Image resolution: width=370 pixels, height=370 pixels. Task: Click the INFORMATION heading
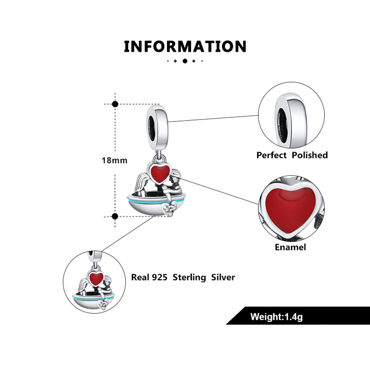pyautogui.click(x=185, y=47)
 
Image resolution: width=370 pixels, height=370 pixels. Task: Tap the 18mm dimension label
pyautogui.click(x=115, y=161)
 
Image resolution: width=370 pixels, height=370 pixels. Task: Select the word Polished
pyautogui.click(x=310, y=155)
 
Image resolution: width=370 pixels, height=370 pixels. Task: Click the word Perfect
pyautogui.click(x=272, y=155)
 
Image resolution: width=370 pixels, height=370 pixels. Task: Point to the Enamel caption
pyautogui.click(x=290, y=247)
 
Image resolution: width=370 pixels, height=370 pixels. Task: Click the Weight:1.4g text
pyautogui.click(x=276, y=317)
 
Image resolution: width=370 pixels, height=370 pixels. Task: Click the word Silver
pyautogui.click(x=223, y=277)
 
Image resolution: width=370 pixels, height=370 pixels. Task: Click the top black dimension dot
pyautogui.click(x=115, y=104)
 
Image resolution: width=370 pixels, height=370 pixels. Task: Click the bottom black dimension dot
pyautogui.click(x=115, y=216)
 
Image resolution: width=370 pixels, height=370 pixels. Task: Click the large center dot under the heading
pyautogui.click(x=185, y=61)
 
